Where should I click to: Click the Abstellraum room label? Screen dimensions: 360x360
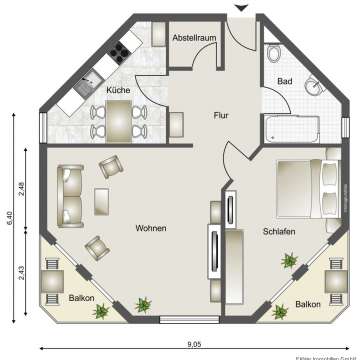click(x=194, y=37)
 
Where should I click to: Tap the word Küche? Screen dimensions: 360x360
click(x=119, y=90)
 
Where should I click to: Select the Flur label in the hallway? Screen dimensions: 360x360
click(x=222, y=115)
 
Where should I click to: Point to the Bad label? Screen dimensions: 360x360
click(x=285, y=81)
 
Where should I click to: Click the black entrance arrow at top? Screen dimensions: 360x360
click(x=239, y=7)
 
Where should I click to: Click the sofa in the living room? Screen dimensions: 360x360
click(x=70, y=194)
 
